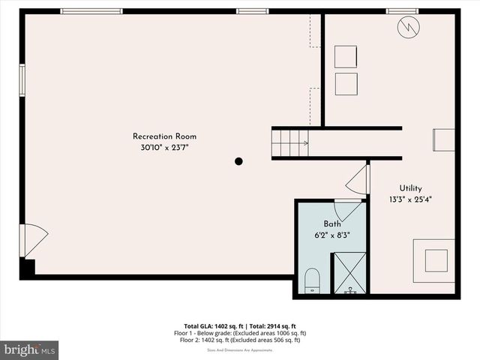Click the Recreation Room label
tap(164, 136)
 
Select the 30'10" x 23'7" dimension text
tap(164, 148)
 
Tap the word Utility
tap(410, 188)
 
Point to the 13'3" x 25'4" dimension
tap(410, 199)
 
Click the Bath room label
tap(332, 224)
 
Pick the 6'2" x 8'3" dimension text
tap(332, 235)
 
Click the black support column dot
tap(238, 160)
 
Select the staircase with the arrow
tap(291, 142)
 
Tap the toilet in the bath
tap(313, 282)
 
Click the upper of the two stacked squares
tap(346, 57)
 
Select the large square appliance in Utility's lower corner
tap(433, 260)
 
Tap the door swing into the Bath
tap(347, 209)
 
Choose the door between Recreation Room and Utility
tap(359, 180)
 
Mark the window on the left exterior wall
tap(22, 79)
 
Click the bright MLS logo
tap(30, 349)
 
